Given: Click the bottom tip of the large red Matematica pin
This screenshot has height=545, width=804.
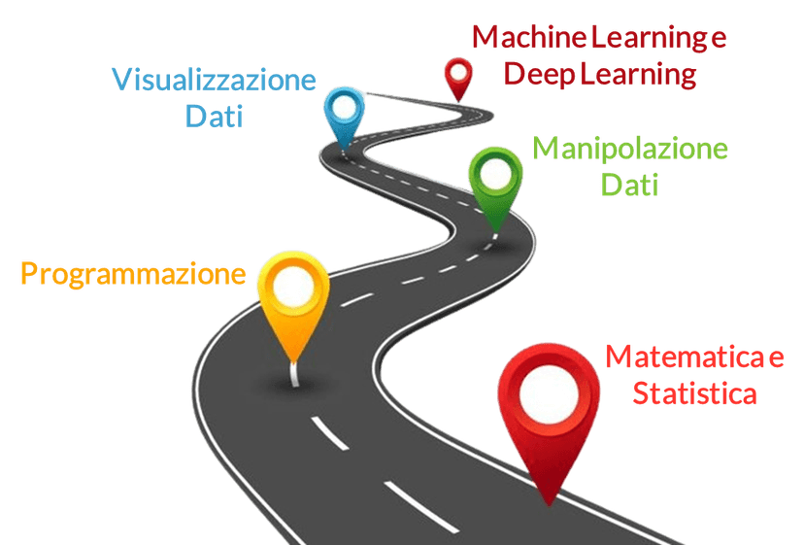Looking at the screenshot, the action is tap(550, 505).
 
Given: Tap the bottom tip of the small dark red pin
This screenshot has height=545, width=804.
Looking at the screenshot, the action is tap(458, 101).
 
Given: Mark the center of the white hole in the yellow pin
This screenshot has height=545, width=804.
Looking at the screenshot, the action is tap(293, 287).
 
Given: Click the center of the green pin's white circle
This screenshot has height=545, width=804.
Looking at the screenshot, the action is tap(496, 175).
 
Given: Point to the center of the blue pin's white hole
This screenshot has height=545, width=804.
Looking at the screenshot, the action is tap(344, 107).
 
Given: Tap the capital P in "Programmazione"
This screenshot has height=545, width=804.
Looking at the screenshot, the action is tap(29, 273).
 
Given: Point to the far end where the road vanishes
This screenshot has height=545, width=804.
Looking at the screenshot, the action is tap(368, 94).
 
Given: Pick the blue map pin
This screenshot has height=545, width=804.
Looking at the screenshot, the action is tap(344, 118).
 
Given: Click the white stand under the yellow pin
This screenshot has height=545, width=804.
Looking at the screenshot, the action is tap(294, 374).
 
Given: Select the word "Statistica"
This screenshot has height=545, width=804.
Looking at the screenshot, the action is tap(695, 393).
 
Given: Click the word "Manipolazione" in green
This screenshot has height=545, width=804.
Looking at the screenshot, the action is tap(630, 149).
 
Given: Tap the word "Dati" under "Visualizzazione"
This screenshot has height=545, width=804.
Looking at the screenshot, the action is tap(214, 116).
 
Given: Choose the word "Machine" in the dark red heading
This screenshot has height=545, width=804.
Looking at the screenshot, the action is tap(529, 37).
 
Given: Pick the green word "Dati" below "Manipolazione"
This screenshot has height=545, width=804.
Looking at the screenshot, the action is tap(629, 185).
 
